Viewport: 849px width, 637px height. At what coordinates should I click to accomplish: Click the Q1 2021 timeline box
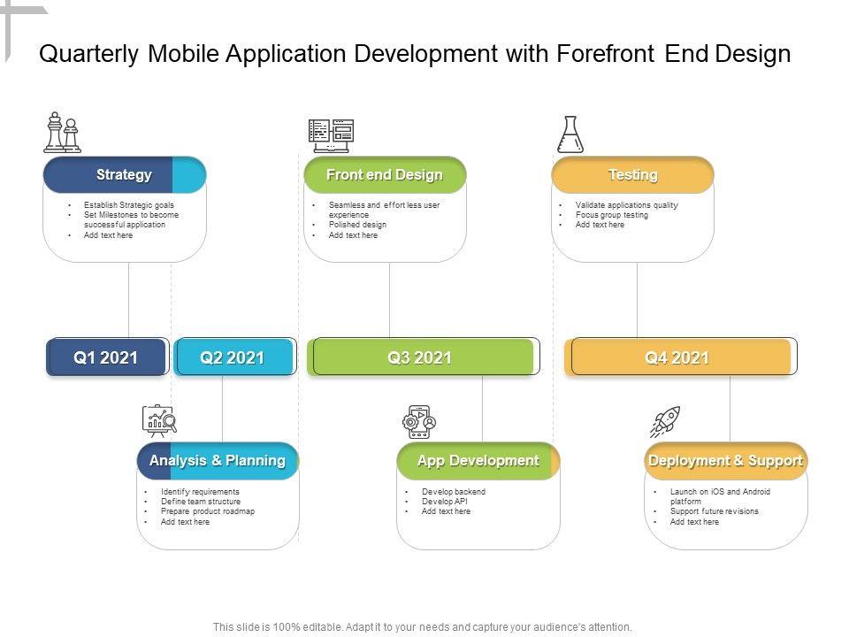[106, 357]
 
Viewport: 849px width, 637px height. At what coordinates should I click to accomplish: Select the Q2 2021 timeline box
[233, 357]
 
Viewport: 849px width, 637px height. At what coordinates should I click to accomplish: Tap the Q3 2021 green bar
[421, 357]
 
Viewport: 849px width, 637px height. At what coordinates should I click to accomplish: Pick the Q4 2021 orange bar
[678, 357]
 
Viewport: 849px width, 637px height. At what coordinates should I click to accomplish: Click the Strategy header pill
[124, 175]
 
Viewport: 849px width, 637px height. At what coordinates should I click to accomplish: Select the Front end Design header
[385, 175]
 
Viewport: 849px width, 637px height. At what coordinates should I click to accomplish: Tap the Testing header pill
[632, 175]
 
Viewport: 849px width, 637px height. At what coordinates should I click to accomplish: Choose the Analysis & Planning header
[218, 461]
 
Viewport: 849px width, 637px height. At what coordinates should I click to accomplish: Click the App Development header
[478, 461]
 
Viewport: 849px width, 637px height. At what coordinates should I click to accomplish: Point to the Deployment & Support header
[725, 461]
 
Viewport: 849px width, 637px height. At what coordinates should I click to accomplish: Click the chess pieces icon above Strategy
[62, 133]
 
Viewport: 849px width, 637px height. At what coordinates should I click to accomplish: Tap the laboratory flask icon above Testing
[570, 134]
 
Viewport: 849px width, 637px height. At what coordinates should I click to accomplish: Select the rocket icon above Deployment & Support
[665, 422]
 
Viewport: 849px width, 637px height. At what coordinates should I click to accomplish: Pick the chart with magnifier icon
[159, 421]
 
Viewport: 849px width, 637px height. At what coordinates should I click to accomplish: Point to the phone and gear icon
[419, 422]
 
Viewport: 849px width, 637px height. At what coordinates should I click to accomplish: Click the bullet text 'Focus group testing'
[612, 215]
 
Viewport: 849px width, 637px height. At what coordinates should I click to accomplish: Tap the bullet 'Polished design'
[357, 225]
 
